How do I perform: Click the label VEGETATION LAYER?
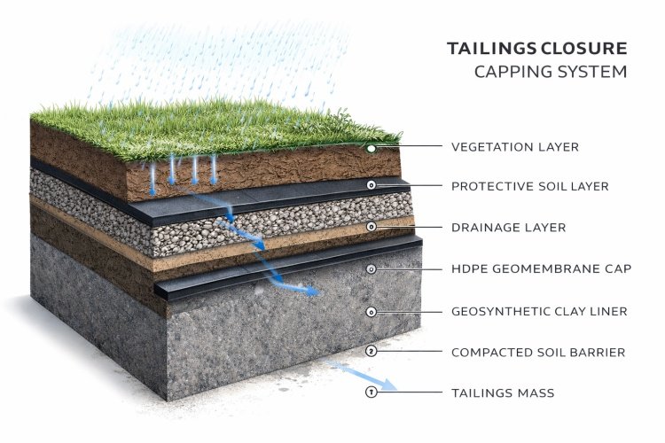pos(514,147)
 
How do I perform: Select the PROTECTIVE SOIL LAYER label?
pos(530,187)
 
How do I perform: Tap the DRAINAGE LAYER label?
pos(508,228)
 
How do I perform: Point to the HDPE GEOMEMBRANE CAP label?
pos(541,268)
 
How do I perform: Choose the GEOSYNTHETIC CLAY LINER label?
pos(539,311)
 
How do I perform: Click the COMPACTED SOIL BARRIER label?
pos(538,352)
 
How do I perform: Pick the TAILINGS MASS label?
pos(503,392)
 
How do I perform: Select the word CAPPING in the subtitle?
pos(507,73)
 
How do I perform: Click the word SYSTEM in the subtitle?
pos(595,73)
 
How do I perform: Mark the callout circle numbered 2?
pos(372,352)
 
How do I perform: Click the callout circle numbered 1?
pos(372,392)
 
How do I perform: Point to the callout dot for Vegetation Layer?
pos(372,148)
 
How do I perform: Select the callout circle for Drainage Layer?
pos(372,228)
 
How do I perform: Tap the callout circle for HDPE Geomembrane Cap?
pos(372,268)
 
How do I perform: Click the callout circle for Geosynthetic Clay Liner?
pos(372,311)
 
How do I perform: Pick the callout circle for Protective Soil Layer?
pos(372,185)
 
